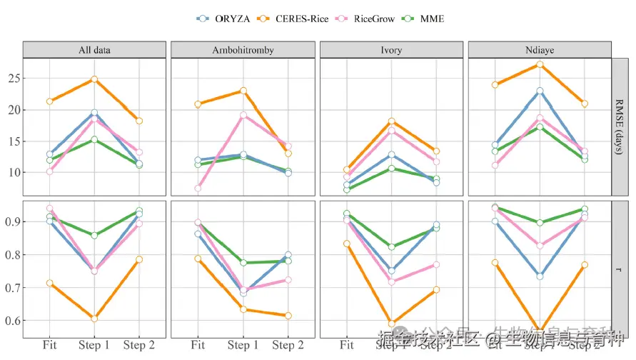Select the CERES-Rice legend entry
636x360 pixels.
301,19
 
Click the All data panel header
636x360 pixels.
94,50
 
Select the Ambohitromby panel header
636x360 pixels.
243,50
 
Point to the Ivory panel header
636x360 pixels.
391,50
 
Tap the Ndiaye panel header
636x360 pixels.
540,50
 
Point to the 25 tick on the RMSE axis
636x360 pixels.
14,79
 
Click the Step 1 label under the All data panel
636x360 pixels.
94,346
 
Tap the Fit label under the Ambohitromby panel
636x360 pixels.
198,346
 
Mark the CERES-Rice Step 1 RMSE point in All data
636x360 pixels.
94,79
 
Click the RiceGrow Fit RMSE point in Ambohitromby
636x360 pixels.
198,189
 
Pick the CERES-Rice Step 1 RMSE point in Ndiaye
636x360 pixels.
540,64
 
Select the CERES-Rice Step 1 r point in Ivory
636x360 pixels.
391,324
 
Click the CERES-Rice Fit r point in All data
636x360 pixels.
49,284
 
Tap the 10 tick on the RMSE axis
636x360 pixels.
14,173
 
